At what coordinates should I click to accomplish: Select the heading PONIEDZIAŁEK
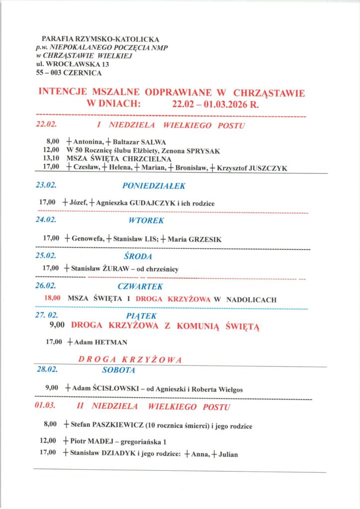coord(154,186)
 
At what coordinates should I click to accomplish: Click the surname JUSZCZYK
coord(267,168)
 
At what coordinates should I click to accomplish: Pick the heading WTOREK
coord(146,220)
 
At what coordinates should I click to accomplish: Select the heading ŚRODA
coord(138,256)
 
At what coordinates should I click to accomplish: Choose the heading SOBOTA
coord(119,370)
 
